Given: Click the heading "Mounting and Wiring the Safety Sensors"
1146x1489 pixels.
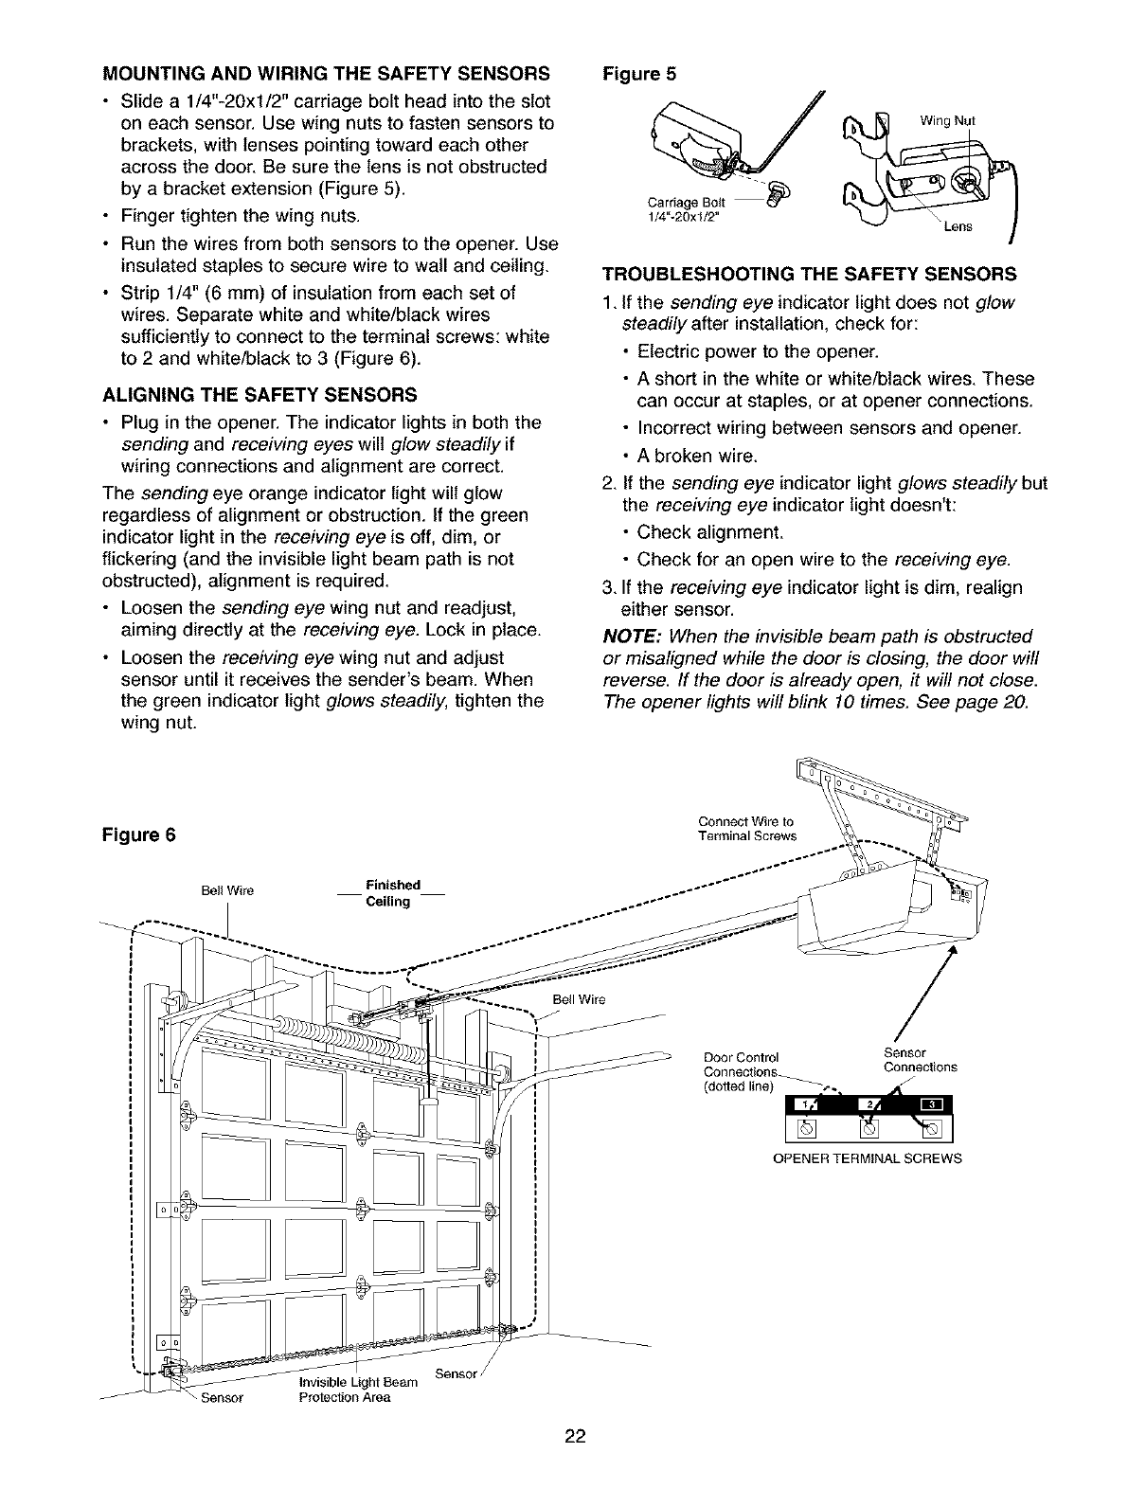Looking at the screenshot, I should (326, 73).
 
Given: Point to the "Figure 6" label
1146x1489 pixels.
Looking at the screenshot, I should (139, 836).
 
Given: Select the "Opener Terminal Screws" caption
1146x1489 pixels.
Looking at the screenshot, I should (868, 1158).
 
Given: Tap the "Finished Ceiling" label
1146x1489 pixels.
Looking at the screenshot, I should (392, 892).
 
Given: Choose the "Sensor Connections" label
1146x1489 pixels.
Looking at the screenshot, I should (919, 1060).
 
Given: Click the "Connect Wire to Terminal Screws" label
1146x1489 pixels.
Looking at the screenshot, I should (746, 828).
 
